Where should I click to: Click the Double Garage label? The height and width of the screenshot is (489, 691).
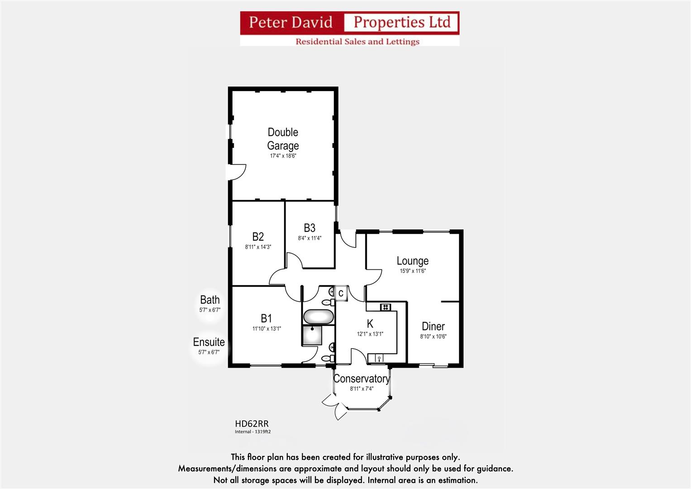coord(283,139)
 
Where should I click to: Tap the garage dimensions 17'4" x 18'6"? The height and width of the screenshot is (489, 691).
coord(283,156)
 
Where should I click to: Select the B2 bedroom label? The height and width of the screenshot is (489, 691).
coord(258,236)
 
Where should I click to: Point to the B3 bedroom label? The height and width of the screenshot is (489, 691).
coord(310,228)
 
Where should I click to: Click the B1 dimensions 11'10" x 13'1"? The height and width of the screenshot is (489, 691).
coord(267,329)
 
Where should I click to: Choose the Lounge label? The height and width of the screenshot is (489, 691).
coord(412,261)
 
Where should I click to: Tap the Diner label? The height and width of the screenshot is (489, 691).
coord(433,326)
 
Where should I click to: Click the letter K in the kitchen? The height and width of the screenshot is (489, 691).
coord(370,324)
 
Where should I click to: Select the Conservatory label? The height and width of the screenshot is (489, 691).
coord(361,379)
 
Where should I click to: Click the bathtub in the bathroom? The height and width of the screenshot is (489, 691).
coord(319,316)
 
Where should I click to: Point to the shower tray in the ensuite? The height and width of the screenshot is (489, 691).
coord(312,336)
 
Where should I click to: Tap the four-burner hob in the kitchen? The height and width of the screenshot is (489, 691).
coord(385,307)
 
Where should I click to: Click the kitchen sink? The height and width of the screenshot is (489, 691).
coord(379,359)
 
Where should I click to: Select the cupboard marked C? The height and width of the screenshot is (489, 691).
coord(341,293)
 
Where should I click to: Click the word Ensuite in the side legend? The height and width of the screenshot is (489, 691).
coord(209,342)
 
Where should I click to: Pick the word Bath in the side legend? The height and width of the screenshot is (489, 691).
coord(210,300)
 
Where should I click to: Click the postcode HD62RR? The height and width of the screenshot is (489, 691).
coord(252,424)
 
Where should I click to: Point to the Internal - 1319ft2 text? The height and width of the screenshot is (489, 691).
coord(253,432)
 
